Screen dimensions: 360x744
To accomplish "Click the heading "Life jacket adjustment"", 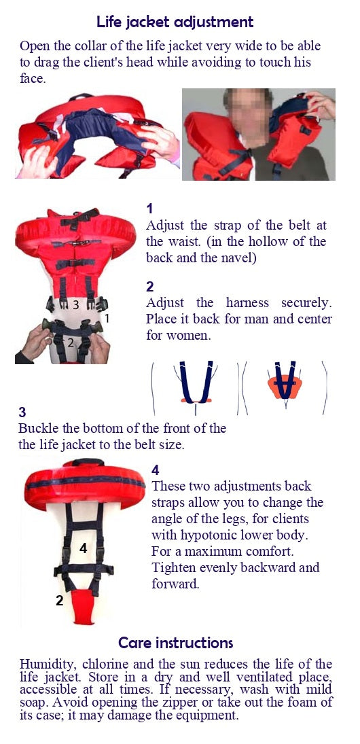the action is tap(175, 22).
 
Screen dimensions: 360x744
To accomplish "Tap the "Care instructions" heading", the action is tap(175, 643).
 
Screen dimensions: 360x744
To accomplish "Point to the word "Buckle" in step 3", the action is tap(39, 428).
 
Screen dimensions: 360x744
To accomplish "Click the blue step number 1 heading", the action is tap(150, 209).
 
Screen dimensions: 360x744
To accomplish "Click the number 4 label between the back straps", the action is tap(83, 548).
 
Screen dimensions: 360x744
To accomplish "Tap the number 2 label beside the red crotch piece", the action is tap(59, 601).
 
